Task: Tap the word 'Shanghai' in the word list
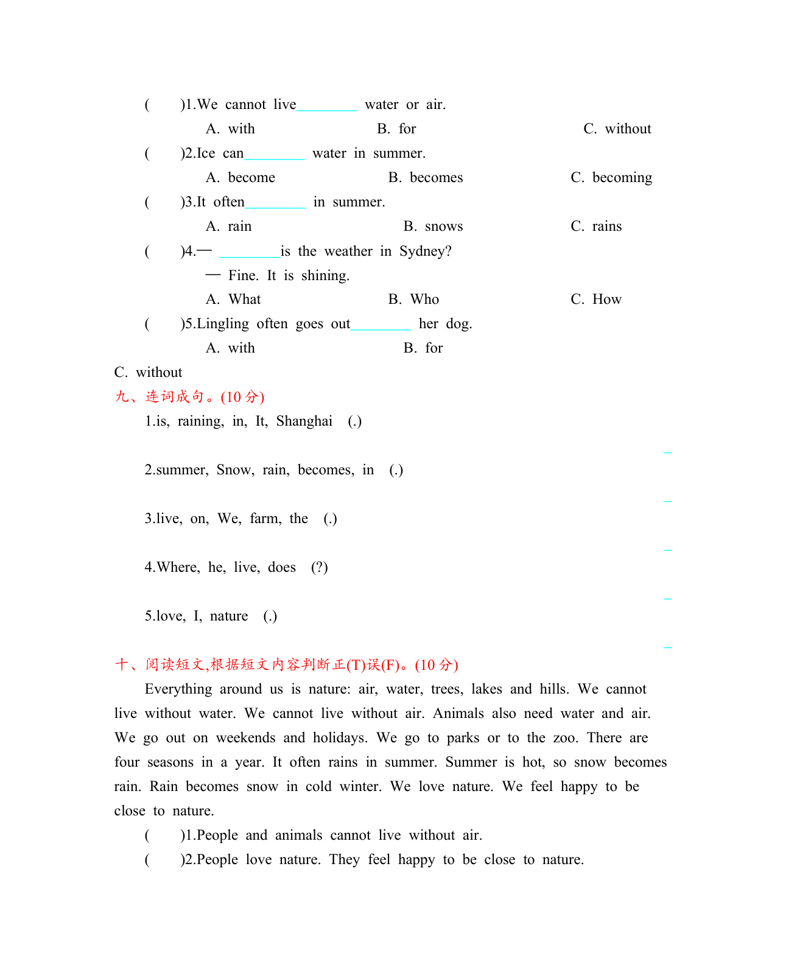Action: click(x=304, y=421)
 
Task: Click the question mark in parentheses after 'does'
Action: click(x=319, y=568)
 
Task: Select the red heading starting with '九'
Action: click(x=189, y=397)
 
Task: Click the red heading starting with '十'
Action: click(x=286, y=665)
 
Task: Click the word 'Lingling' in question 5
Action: click(x=223, y=324)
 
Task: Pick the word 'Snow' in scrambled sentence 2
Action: click(x=234, y=470)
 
